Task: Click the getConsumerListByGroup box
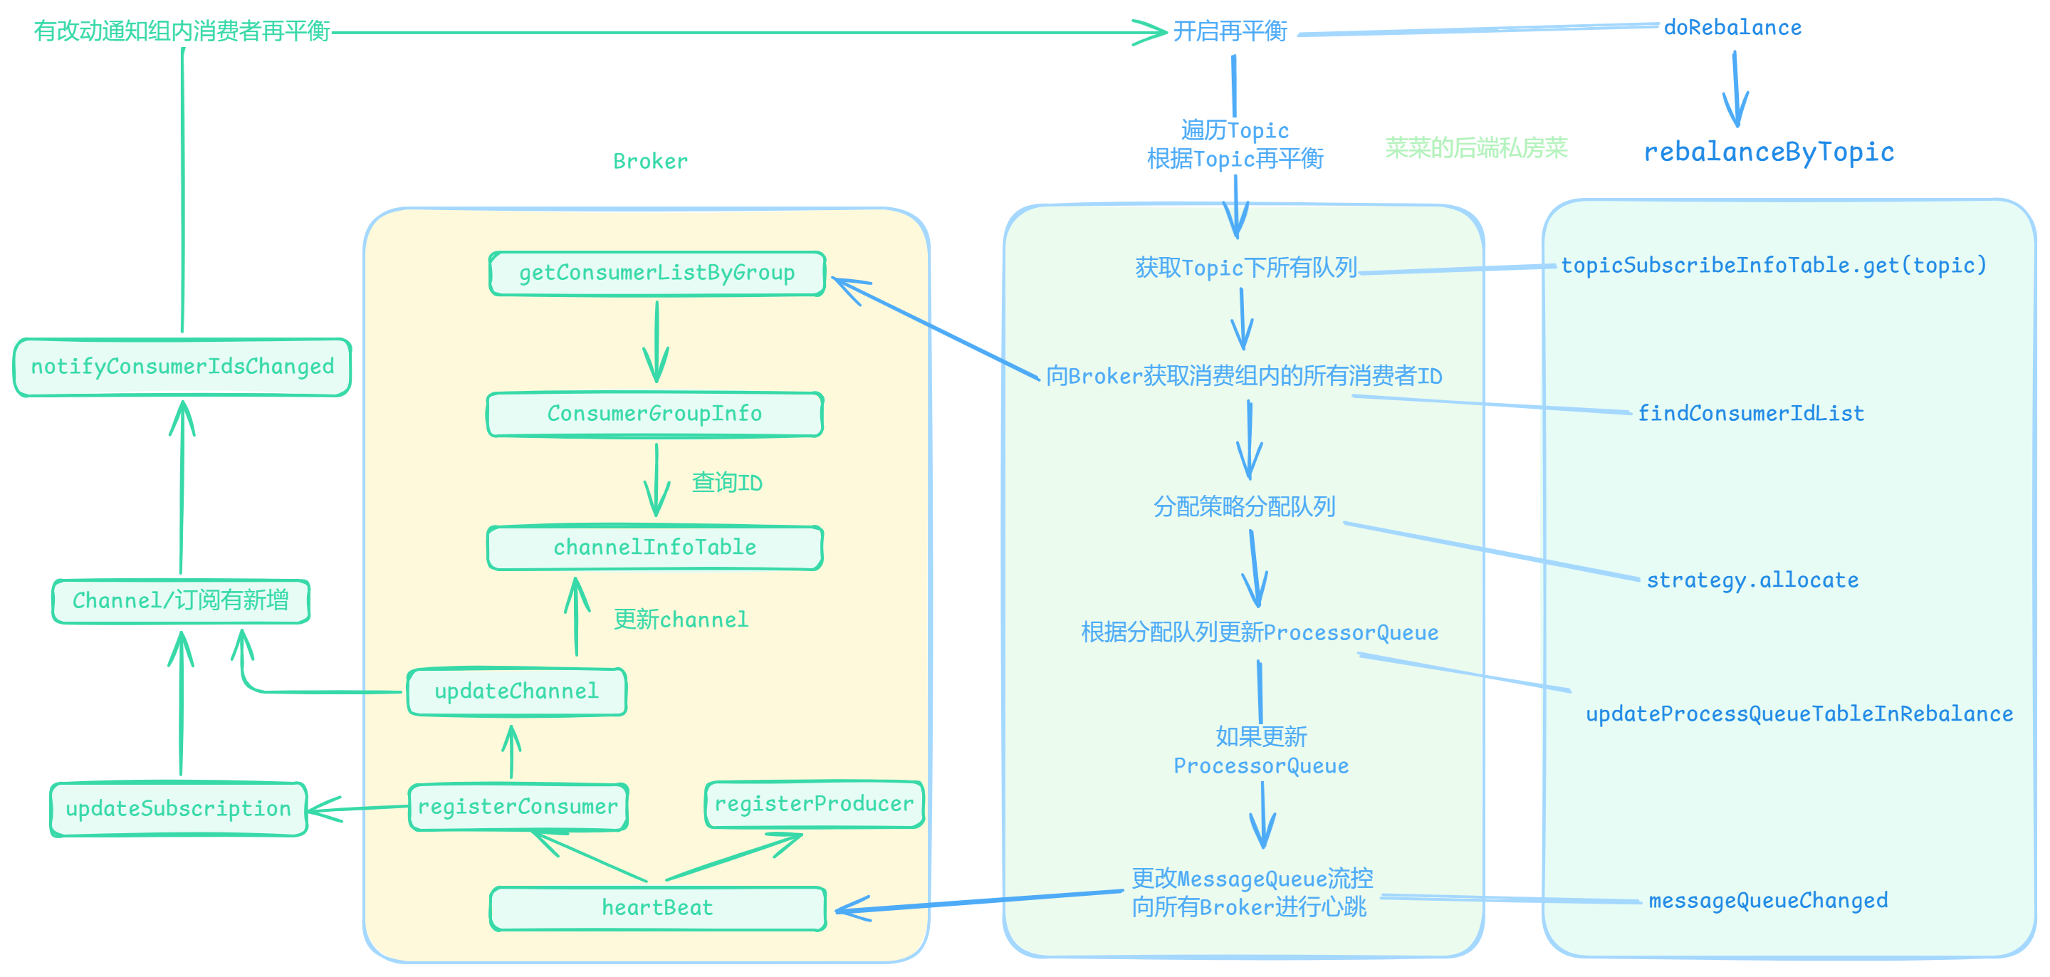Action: pos(657,273)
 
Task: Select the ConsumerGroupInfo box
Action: pos(654,414)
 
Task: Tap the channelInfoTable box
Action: pos(654,548)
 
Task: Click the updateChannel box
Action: pos(516,691)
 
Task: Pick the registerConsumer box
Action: pos(517,807)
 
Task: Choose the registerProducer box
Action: pos(813,805)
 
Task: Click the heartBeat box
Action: pos(657,908)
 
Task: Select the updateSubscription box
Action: pos(178,809)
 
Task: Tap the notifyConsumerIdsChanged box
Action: pos(182,367)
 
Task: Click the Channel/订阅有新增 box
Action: pos(181,601)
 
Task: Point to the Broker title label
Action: pos(650,162)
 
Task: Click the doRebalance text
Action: pos(1732,28)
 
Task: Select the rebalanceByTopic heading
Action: pos(1768,151)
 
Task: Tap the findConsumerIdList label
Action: pos(1750,414)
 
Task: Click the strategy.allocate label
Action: pos(1752,580)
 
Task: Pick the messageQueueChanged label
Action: pos(1767,901)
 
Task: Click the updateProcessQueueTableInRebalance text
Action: pos(1799,714)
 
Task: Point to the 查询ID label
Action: pos(726,483)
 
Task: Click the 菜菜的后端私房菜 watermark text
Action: pos(1475,148)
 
